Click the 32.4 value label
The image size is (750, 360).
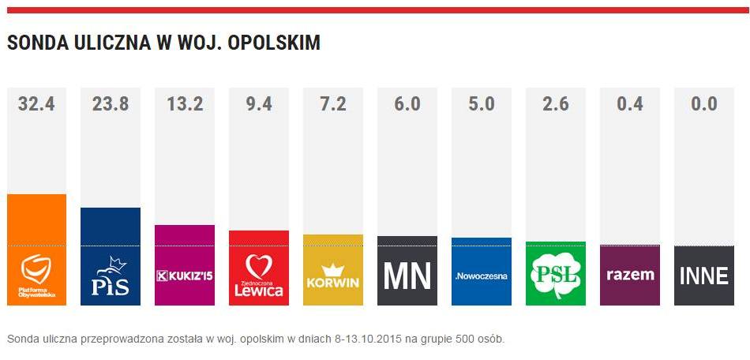coord(36,103)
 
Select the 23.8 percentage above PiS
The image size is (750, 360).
coord(111,103)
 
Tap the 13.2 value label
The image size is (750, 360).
coord(185,103)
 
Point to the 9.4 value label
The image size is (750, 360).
coord(258,103)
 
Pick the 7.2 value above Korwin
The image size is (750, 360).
coord(332,103)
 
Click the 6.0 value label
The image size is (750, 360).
coord(407,103)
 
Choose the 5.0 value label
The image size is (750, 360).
coord(481,103)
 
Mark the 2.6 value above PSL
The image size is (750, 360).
coord(555,103)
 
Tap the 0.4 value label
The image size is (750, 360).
coord(629,103)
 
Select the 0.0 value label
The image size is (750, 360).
coord(703,103)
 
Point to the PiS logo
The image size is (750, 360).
coord(111,276)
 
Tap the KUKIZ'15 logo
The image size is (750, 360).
coord(185,276)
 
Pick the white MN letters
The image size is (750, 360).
coord(407,276)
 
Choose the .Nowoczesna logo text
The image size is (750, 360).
coord(481,276)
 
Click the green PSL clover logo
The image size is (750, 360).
coord(555,274)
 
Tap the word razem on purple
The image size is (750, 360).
coord(629,276)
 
